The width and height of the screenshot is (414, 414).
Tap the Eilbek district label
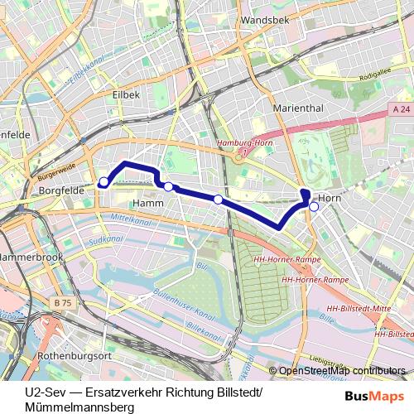point(125,95)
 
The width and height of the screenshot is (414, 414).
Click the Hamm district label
point(147,203)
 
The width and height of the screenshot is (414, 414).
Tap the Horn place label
point(330,199)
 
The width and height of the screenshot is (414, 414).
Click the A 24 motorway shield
point(402,108)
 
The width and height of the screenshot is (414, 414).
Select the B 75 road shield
point(63,303)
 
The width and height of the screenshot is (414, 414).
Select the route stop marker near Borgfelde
point(103,182)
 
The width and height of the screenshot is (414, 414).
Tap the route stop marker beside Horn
point(313,207)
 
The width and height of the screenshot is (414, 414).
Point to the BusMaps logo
point(375,397)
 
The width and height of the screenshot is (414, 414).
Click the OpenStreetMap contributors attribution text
point(342,371)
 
